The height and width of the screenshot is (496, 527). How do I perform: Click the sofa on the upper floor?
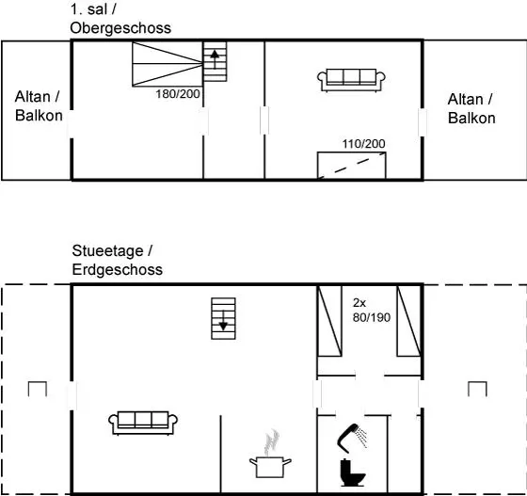(x=351, y=80)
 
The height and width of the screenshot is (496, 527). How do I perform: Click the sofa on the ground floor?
(x=143, y=423)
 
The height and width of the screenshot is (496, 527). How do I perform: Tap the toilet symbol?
(x=352, y=472)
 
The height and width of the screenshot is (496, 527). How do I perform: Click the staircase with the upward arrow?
(x=216, y=61)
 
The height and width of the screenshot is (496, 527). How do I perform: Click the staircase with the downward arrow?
(x=223, y=318)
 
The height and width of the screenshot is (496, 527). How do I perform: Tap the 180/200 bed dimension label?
(x=178, y=94)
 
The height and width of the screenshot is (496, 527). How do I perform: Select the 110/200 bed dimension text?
(x=363, y=144)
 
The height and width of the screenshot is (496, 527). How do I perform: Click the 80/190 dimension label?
(x=372, y=317)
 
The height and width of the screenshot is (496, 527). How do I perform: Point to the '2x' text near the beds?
(x=359, y=303)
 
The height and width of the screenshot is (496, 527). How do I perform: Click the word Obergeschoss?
(x=120, y=28)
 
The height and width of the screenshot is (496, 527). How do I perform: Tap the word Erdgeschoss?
(x=118, y=269)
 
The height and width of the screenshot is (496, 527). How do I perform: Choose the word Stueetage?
(x=107, y=250)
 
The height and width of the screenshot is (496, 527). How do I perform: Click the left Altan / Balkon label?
(x=39, y=105)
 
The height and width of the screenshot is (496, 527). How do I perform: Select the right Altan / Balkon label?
(x=471, y=108)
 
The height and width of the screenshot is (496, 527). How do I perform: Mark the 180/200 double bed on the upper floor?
(x=168, y=64)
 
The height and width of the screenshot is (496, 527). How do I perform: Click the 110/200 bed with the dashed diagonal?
(x=352, y=165)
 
